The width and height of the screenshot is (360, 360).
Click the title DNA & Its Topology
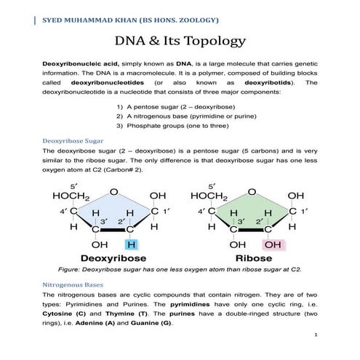(180, 41)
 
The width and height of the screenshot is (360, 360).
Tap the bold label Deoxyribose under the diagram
(114, 258)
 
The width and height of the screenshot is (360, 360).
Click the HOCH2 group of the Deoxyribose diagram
(70, 196)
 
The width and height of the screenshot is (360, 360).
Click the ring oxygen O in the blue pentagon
(113, 192)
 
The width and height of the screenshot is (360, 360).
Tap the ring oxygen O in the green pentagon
(252, 192)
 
